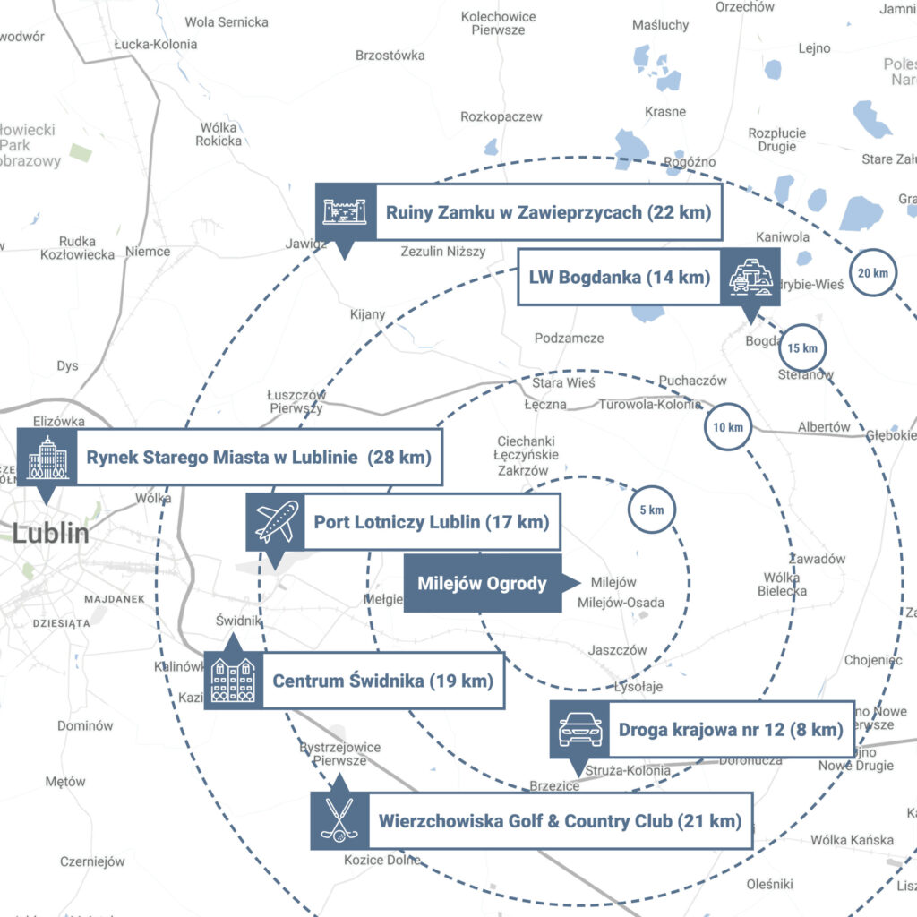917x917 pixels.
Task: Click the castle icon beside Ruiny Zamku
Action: click(x=346, y=212)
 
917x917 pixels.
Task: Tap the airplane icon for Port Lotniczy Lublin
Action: click(x=276, y=522)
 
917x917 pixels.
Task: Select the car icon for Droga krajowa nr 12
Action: click(x=579, y=729)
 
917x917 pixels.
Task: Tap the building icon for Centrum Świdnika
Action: click(x=233, y=681)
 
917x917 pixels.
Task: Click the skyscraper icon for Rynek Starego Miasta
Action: click(x=47, y=458)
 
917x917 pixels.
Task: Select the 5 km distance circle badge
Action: click(x=651, y=510)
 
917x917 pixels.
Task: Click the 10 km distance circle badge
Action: click(x=728, y=427)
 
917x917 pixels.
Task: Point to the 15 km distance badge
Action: click(x=802, y=347)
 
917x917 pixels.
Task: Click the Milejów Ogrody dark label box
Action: click(x=482, y=584)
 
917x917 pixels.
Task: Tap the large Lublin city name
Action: click(x=51, y=534)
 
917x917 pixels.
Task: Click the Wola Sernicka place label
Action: click(x=227, y=22)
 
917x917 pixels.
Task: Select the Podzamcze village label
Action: click(x=569, y=339)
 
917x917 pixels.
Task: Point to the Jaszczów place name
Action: click(x=618, y=651)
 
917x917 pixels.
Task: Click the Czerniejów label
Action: click(x=92, y=861)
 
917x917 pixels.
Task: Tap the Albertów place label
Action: click(x=824, y=427)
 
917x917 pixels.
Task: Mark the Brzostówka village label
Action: click(x=390, y=55)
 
